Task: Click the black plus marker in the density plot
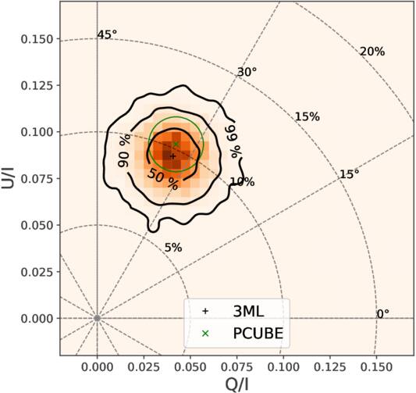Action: coord(172,156)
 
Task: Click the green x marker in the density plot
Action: coord(176,145)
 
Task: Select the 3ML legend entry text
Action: coord(248,312)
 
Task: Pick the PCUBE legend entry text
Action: coord(258,334)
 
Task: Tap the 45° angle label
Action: coord(107,34)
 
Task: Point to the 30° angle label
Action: coord(247,72)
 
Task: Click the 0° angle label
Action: coord(383,314)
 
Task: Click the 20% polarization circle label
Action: coord(372,52)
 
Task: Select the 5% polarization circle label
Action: coord(173,248)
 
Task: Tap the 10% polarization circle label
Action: coord(242,182)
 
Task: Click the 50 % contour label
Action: coord(162,179)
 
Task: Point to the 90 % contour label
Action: coord(124,150)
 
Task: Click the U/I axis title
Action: coord(8,178)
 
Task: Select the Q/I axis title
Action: coord(237,384)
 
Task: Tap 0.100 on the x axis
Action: coord(283,367)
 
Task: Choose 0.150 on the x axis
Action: coord(376,367)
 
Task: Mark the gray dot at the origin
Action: coord(97,318)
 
